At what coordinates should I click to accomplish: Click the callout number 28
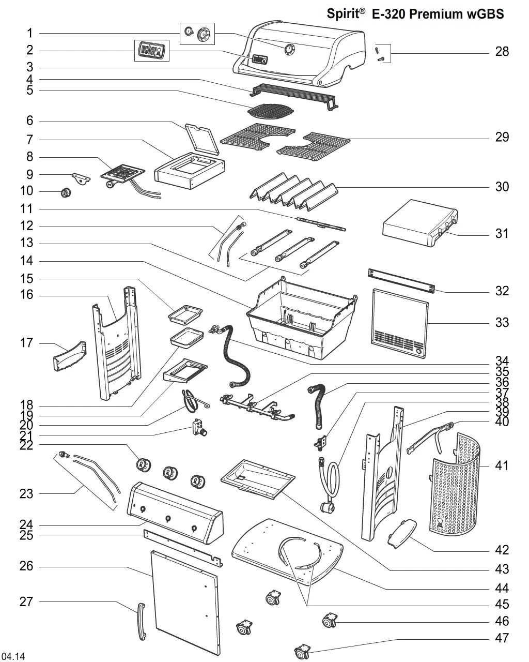click(x=502, y=51)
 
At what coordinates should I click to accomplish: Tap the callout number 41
click(x=502, y=465)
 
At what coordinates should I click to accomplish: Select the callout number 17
click(x=26, y=343)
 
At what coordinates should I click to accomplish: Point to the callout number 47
click(x=502, y=638)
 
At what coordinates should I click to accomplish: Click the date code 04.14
click(x=13, y=656)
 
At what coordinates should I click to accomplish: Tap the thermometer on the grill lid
click(x=289, y=50)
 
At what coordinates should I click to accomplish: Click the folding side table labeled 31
click(x=420, y=223)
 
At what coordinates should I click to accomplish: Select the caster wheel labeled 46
click(x=330, y=621)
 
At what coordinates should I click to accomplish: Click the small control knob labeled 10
click(x=66, y=193)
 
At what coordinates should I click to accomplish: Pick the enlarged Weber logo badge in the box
click(x=152, y=51)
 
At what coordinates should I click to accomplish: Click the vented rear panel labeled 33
click(x=400, y=323)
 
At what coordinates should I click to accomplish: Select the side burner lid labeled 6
click(x=202, y=139)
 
